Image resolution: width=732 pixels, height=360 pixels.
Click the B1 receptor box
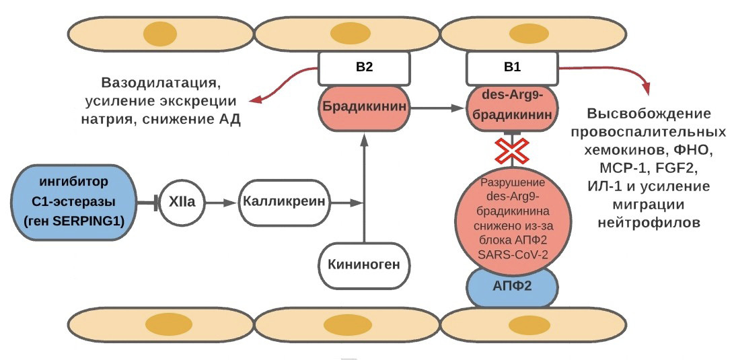tap(512, 67)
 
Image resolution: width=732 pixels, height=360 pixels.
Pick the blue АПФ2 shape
tap(511, 285)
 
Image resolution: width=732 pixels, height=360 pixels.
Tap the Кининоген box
tap(364, 264)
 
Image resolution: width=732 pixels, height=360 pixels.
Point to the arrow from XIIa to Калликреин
tap(221, 201)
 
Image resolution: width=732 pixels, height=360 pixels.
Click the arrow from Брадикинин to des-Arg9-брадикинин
tap(438, 107)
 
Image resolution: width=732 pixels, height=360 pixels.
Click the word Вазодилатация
tap(161, 84)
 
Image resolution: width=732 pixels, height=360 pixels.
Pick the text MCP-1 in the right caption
tap(610, 166)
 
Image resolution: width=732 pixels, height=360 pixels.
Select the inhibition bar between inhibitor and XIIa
tap(156, 201)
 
